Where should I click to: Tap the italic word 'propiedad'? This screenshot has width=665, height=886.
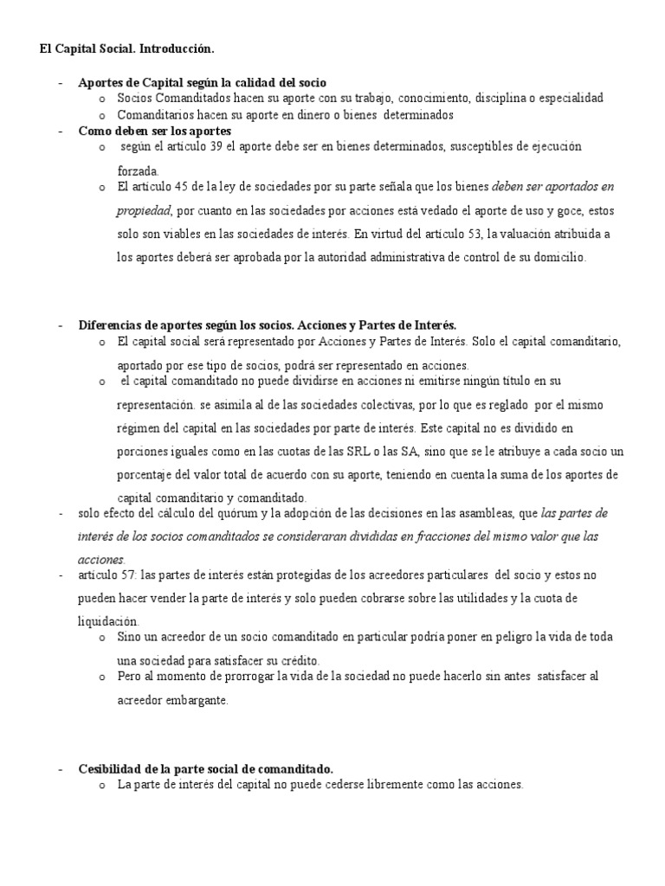pos(144,210)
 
